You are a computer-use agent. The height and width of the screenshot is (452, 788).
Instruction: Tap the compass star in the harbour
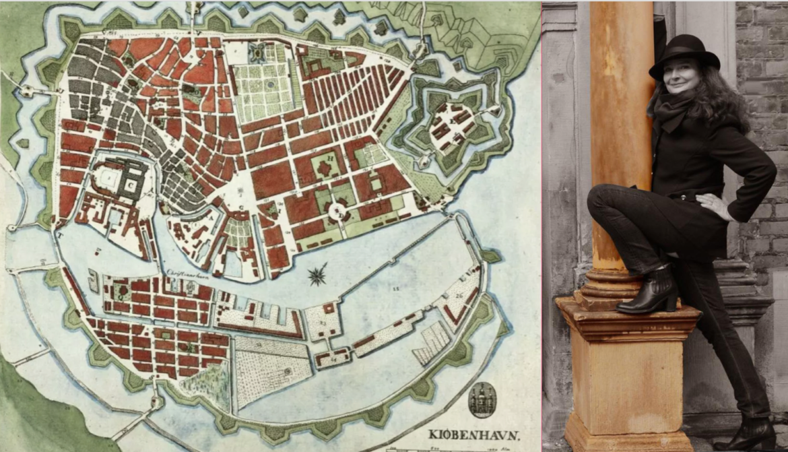coord(317,273)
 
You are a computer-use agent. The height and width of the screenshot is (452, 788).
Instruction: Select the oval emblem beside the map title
coord(482,399)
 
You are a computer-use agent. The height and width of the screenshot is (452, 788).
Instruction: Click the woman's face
coord(681,80)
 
